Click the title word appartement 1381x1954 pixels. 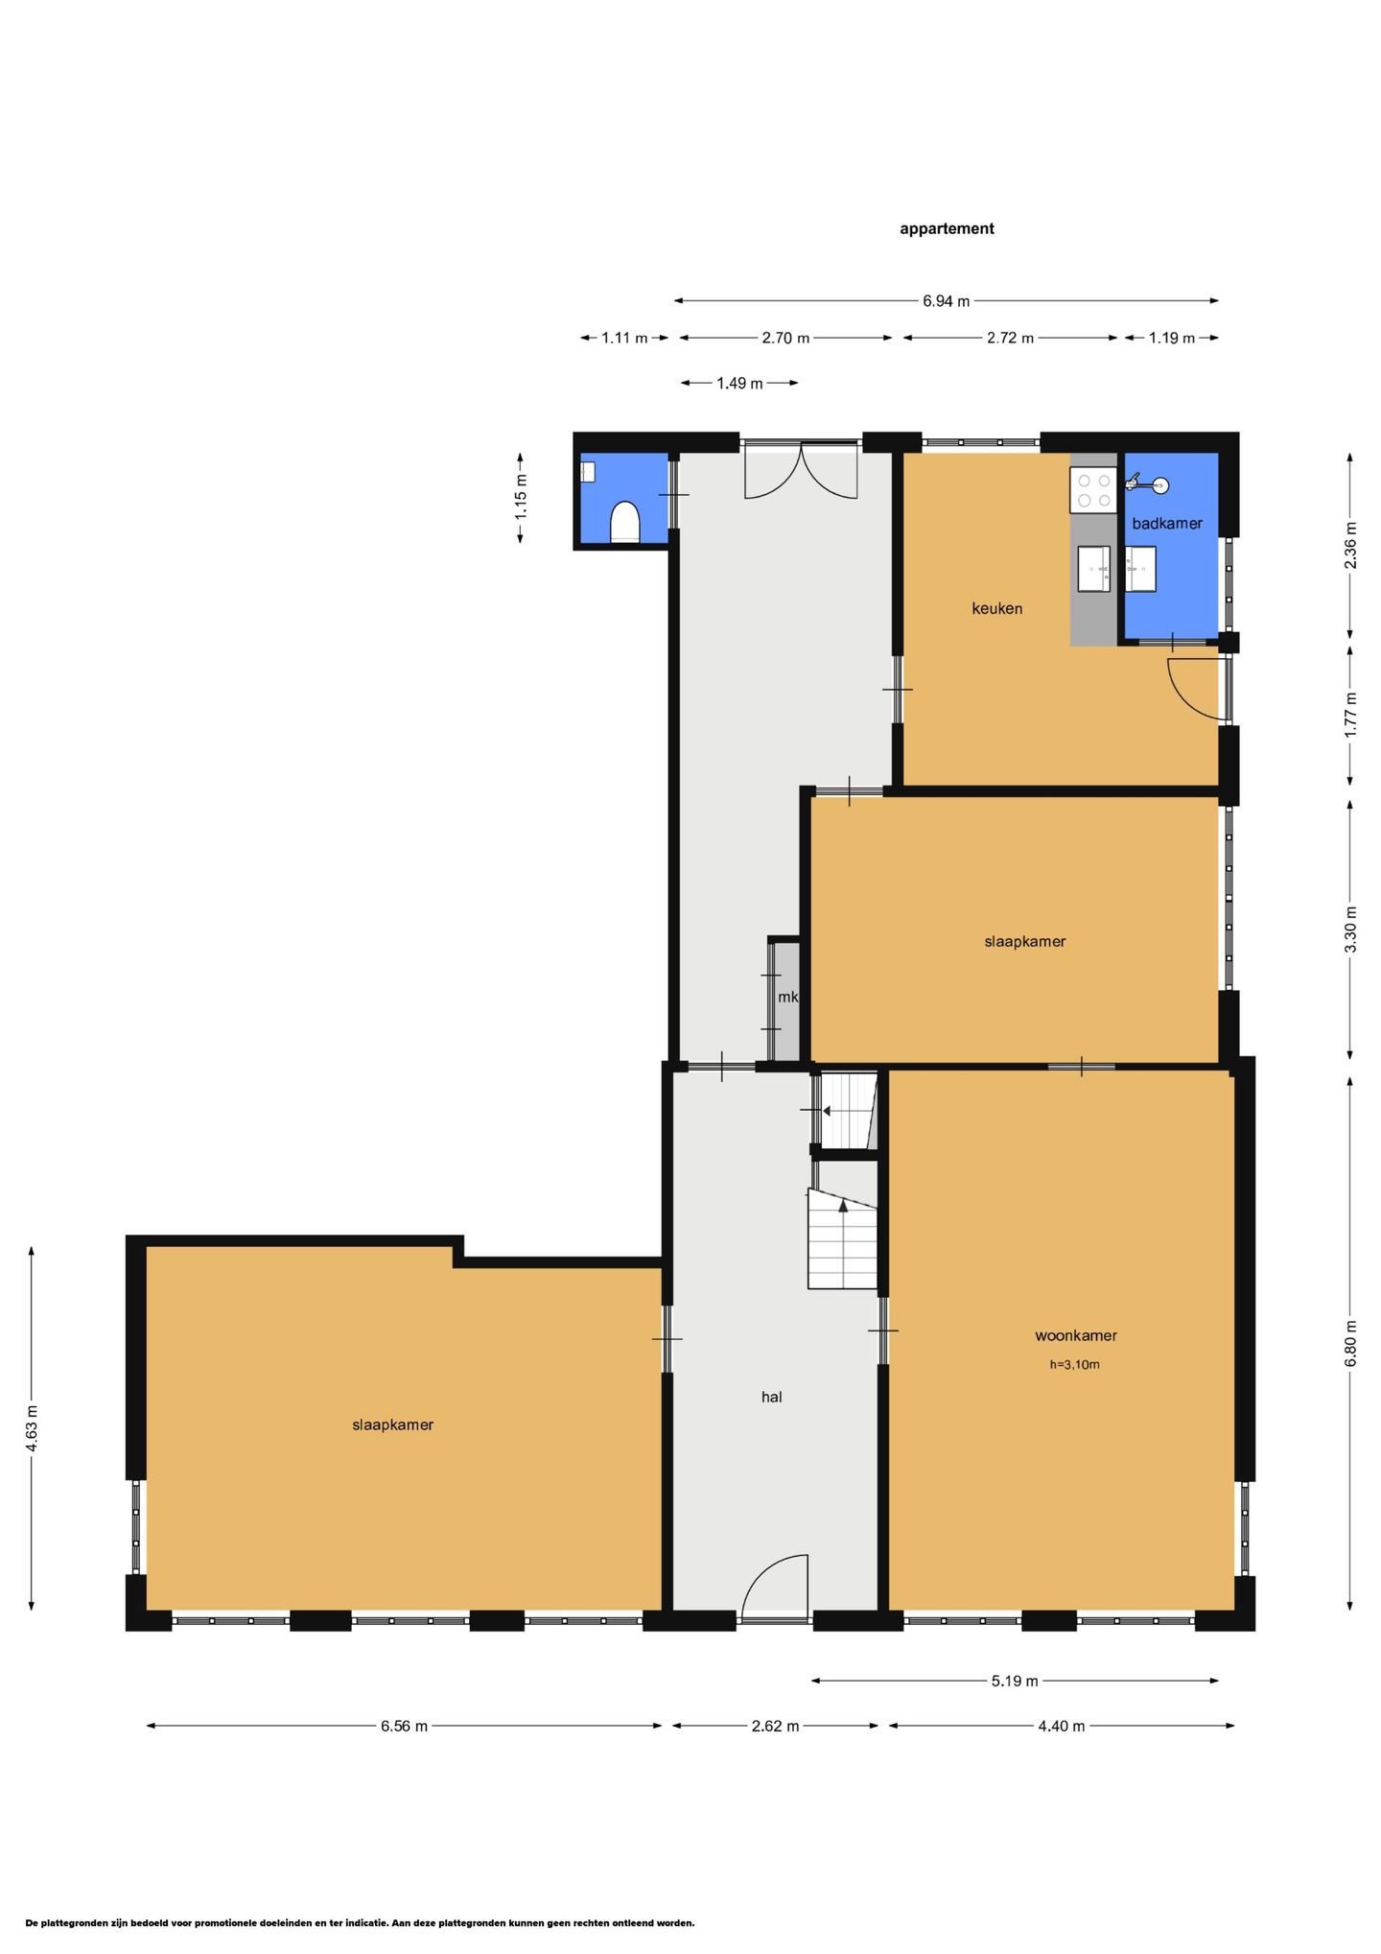(x=947, y=228)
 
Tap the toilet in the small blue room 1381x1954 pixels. (x=625, y=522)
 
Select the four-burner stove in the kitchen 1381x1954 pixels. (x=1093, y=490)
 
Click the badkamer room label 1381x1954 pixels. (x=1167, y=523)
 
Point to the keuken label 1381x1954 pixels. (x=997, y=608)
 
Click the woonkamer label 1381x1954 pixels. (x=1076, y=1335)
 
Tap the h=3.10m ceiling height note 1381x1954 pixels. (x=1074, y=1364)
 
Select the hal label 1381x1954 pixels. (x=772, y=1397)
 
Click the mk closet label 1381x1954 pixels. (x=788, y=997)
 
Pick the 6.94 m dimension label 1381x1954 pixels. (x=947, y=301)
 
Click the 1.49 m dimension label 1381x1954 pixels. (x=739, y=384)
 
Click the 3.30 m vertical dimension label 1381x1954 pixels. (x=1350, y=930)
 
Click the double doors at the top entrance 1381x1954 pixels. (x=801, y=470)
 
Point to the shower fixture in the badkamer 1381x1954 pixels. (x=1147, y=483)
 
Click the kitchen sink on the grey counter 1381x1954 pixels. (x=1093, y=569)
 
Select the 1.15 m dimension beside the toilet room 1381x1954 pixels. (x=521, y=498)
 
